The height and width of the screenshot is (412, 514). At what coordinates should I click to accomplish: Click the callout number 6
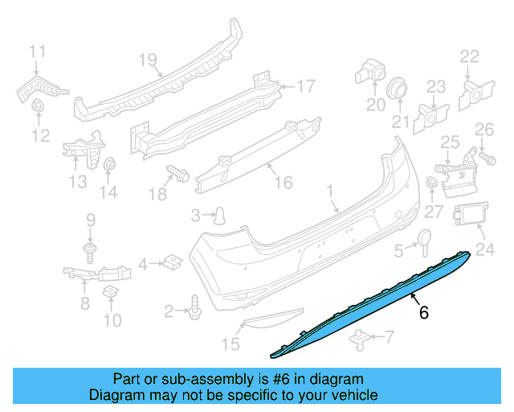point(423,313)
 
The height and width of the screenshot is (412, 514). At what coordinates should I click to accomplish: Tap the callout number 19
point(145,59)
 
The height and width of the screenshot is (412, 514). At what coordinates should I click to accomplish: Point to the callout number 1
point(329,191)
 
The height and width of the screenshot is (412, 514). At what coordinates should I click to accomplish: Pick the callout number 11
point(38,53)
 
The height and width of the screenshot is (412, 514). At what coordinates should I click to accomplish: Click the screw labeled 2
point(195,307)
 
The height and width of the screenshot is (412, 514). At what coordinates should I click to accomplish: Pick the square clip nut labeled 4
point(172,261)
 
